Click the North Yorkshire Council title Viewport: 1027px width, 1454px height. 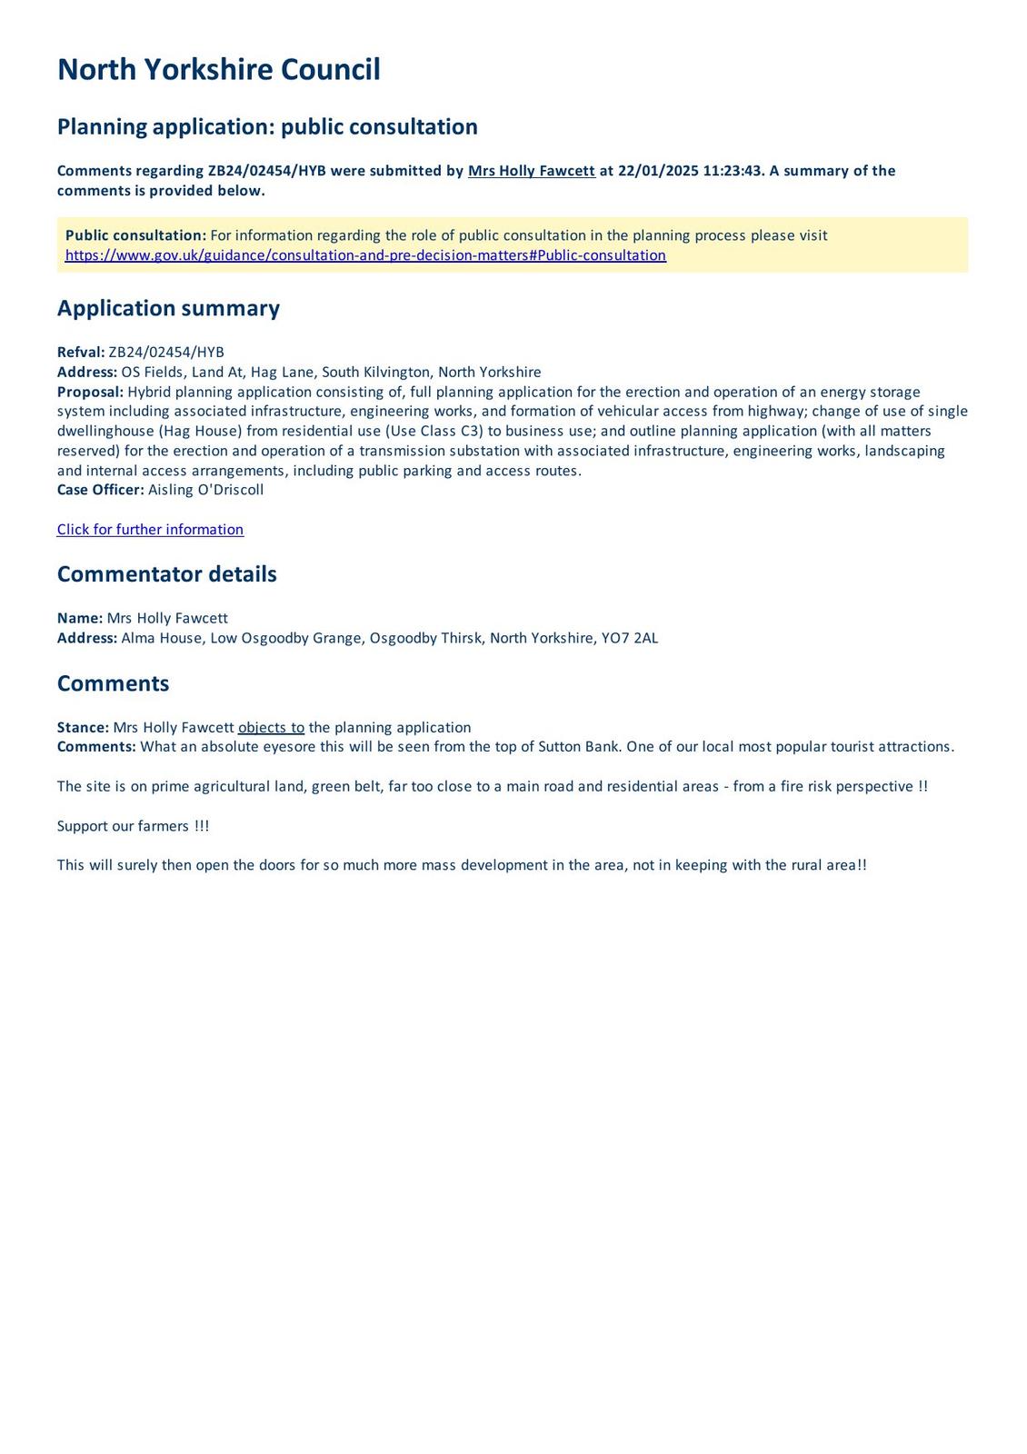[218, 70]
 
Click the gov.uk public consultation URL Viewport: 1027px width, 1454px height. [365, 255]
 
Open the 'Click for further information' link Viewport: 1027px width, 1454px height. [150, 530]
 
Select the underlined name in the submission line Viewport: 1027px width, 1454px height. [531, 171]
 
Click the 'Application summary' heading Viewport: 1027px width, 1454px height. [168, 308]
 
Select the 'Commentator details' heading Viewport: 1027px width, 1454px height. [166, 574]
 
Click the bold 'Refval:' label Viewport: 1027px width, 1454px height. [81, 353]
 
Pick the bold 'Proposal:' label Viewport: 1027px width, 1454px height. [90, 392]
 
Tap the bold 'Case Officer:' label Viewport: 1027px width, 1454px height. [100, 490]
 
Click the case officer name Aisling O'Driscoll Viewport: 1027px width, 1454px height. [206, 490]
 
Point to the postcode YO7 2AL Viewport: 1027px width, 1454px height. [630, 638]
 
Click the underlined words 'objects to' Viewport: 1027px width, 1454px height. [271, 728]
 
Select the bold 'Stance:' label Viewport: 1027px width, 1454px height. [83, 728]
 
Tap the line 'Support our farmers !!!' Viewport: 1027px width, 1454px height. [133, 826]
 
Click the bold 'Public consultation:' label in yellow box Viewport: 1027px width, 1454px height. [135, 235]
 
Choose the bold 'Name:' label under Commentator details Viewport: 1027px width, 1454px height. [80, 618]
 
